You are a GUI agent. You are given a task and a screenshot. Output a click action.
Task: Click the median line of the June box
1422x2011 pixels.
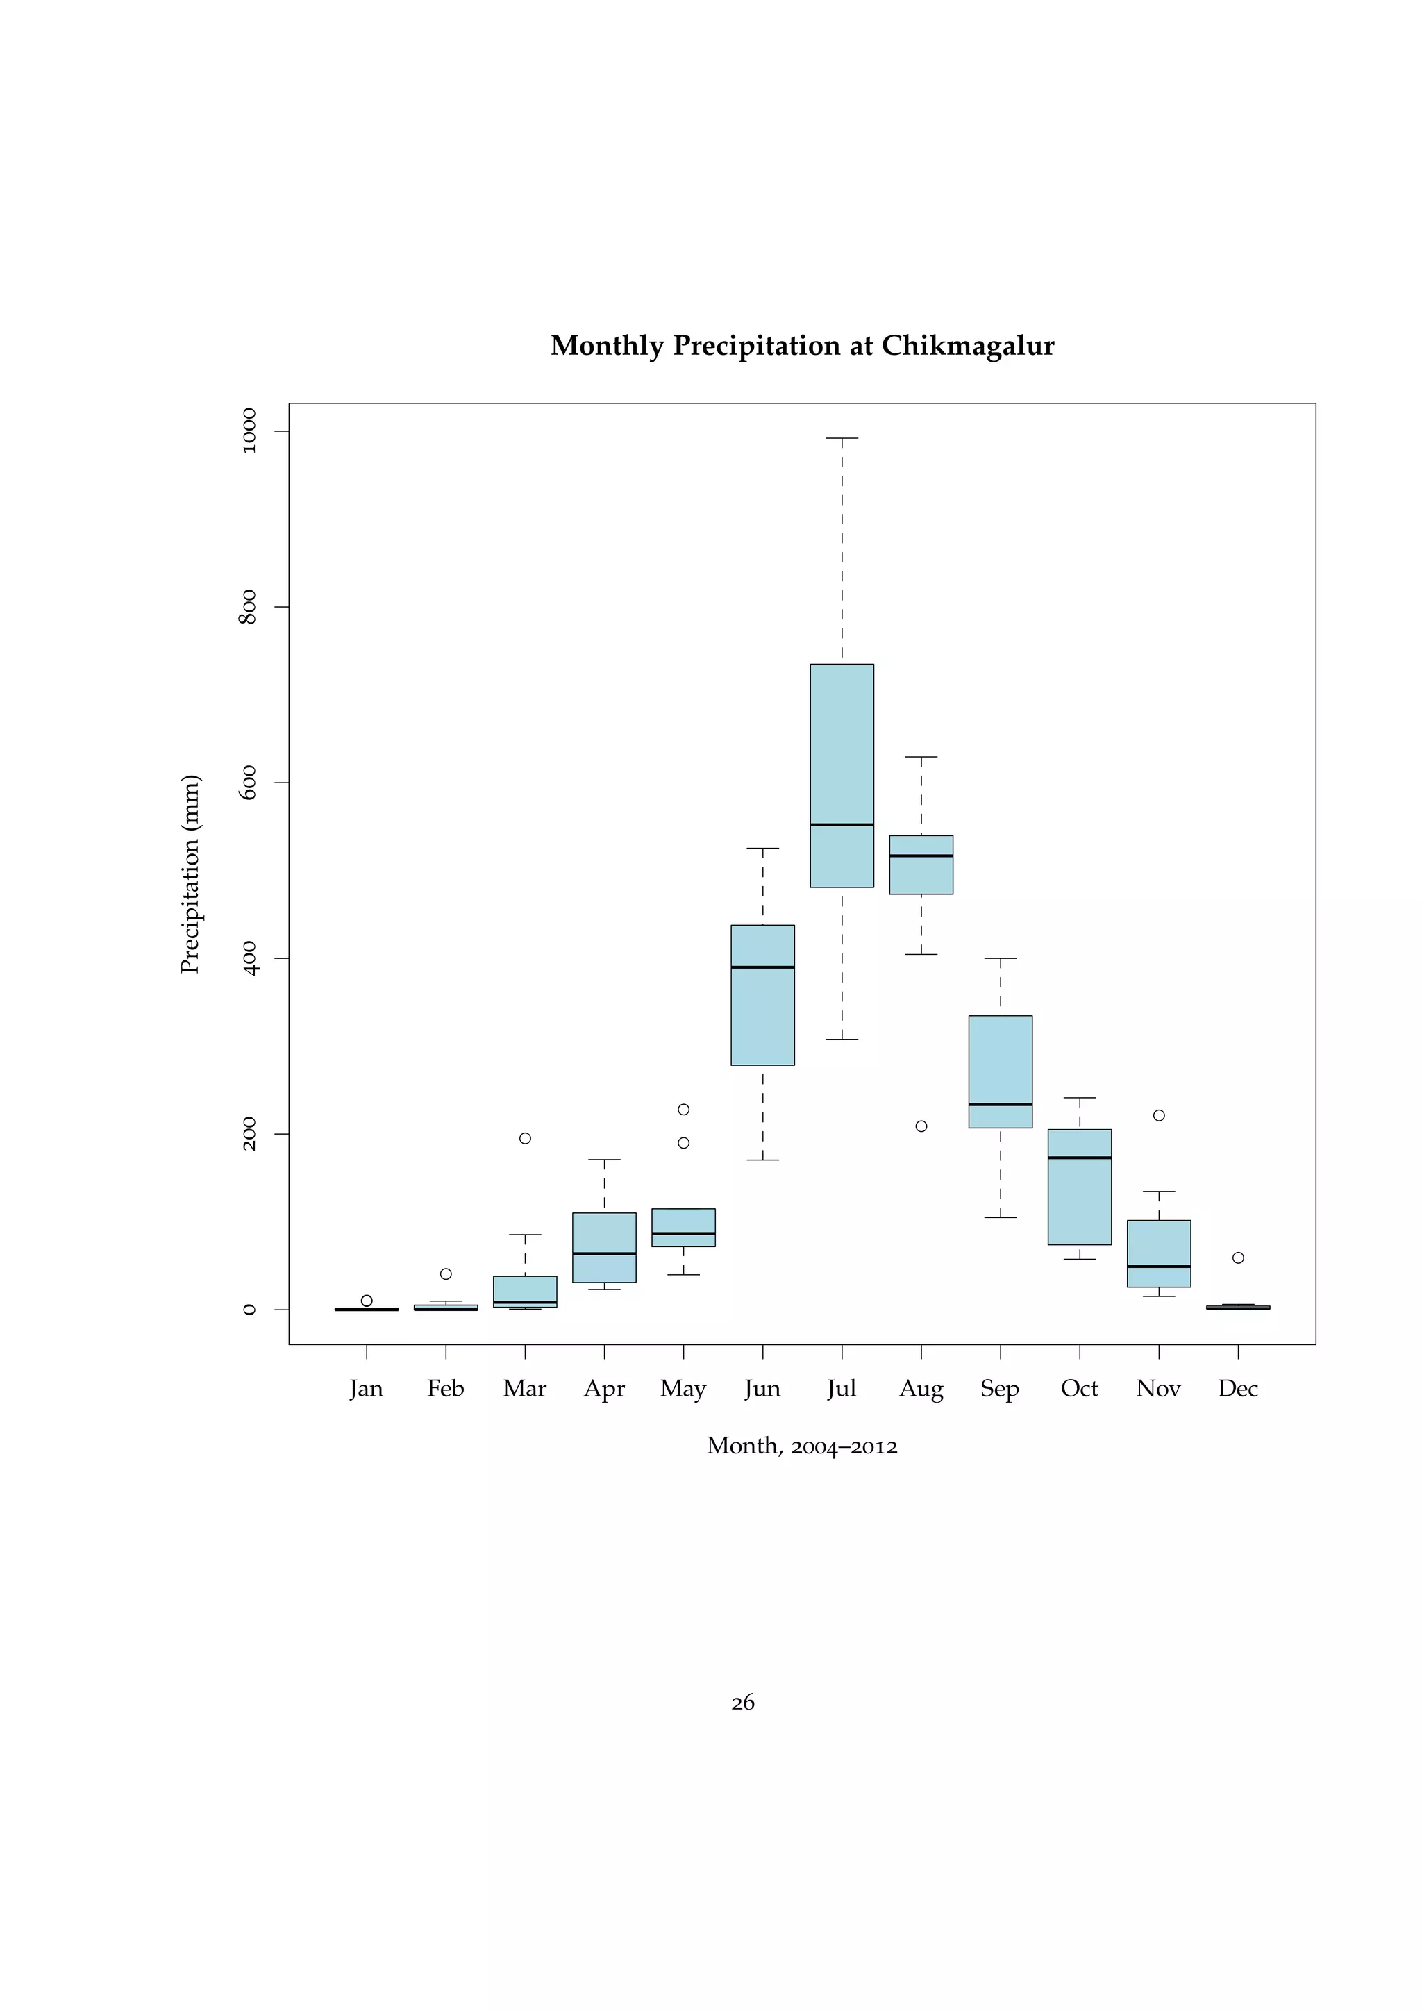(x=762, y=967)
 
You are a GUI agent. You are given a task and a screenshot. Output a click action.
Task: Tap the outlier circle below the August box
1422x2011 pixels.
(x=921, y=1126)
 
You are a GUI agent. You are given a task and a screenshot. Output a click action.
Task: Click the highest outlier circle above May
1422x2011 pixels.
(x=684, y=1110)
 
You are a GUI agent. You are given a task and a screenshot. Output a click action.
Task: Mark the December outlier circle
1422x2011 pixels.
(x=1238, y=1258)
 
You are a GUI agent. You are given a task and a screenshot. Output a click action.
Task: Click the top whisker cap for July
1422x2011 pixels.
(x=842, y=438)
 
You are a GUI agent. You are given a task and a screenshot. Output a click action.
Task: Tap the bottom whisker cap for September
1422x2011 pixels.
(x=1000, y=1217)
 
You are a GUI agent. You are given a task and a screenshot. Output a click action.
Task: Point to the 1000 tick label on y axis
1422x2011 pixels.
(x=249, y=431)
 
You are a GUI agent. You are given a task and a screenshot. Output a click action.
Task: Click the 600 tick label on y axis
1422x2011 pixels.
(x=249, y=782)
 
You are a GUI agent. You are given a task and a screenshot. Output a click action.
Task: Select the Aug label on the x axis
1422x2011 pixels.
(x=921, y=1389)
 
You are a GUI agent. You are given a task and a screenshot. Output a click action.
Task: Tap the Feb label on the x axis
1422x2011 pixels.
(x=446, y=1388)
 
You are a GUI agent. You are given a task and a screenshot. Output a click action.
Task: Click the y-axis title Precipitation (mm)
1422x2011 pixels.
(x=190, y=874)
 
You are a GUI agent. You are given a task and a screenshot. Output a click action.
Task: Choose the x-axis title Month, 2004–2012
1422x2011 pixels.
(x=802, y=1446)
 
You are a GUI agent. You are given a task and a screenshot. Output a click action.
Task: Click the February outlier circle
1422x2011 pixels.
(x=446, y=1274)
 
